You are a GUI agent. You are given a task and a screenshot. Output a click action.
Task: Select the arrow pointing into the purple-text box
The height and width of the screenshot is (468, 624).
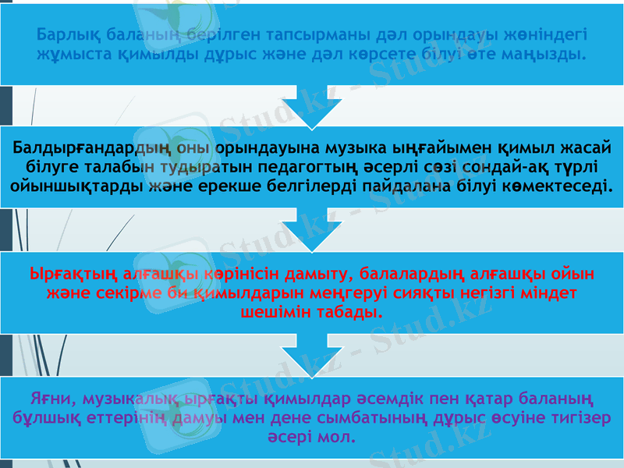click(x=312, y=356)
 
